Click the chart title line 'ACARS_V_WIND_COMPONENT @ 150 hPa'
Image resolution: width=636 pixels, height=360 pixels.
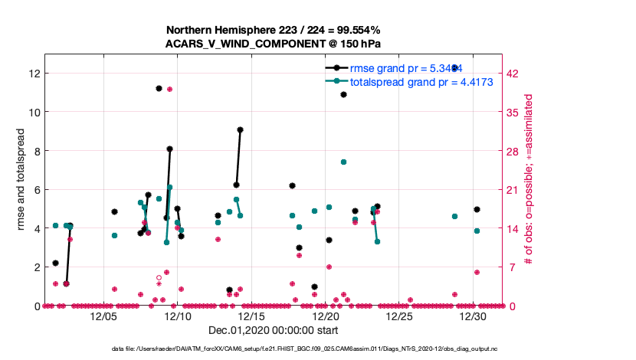click(x=274, y=44)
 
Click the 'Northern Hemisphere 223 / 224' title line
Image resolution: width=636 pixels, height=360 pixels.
click(x=274, y=30)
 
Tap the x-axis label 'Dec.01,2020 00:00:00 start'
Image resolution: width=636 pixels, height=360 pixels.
click(x=274, y=330)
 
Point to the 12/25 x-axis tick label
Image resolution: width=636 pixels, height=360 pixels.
click(x=399, y=316)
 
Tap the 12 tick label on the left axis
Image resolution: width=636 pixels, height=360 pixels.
click(x=33, y=73)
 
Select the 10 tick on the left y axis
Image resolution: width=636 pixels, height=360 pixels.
click(x=33, y=112)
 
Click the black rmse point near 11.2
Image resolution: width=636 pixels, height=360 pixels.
click(x=159, y=88)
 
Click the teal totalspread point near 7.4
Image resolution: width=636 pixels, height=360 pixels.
click(x=343, y=162)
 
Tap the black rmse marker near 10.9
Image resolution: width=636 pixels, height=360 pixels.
click(x=343, y=94)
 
